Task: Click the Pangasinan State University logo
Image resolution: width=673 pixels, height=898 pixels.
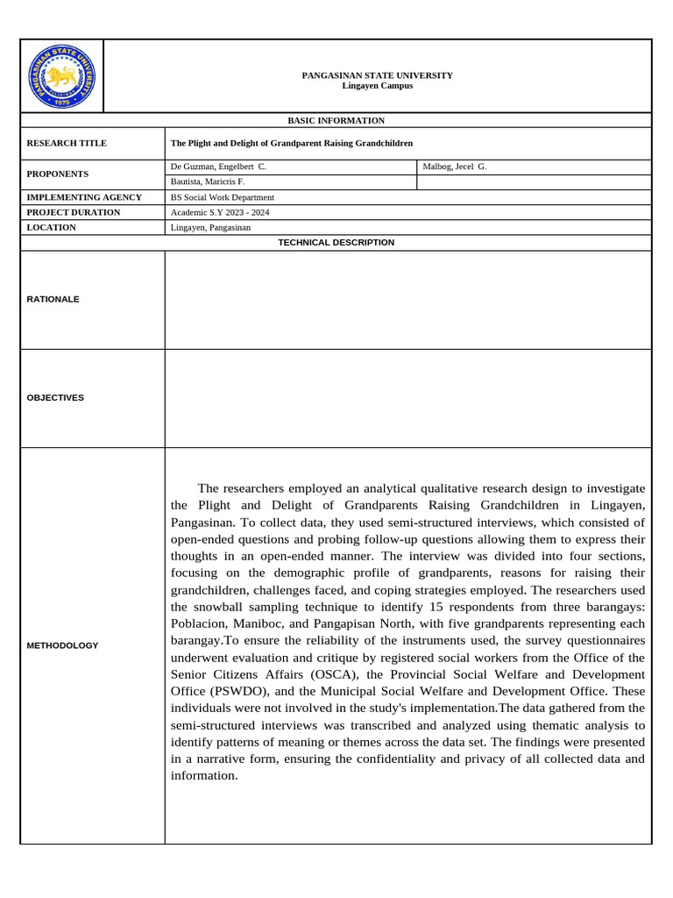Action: pyautogui.click(x=61, y=77)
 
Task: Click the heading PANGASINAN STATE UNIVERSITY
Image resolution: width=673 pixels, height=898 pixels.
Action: pyautogui.click(x=377, y=75)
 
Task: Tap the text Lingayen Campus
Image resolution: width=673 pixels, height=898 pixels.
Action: pyautogui.click(x=377, y=86)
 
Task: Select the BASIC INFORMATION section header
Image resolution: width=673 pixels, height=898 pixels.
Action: pyautogui.click(x=336, y=120)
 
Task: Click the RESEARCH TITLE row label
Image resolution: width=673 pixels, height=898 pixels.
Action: pyautogui.click(x=67, y=143)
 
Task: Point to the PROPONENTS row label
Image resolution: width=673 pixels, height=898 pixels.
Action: pyautogui.click(x=58, y=174)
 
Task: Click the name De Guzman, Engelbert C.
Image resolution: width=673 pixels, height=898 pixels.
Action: pyautogui.click(x=218, y=166)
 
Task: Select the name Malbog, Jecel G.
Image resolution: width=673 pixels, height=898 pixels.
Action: pyautogui.click(x=454, y=166)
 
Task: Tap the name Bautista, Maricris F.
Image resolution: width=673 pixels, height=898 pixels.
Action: pyautogui.click(x=207, y=182)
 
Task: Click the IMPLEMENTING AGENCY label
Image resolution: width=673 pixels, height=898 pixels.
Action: pyautogui.click(x=84, y=197)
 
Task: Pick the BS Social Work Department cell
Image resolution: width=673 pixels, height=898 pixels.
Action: pyautogui.click(x=222, y=197)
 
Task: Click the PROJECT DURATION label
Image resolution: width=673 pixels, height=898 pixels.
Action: pyautogui.click(x=74, y=212)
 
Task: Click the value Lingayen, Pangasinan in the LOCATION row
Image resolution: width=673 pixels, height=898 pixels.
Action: pyautogui.click(x=210, y=227)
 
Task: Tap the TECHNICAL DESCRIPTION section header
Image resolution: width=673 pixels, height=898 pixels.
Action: pyautogui.click(x=336, y=242)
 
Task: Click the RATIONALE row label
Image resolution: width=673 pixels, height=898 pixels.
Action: pyautogui.click(x=53, y=299)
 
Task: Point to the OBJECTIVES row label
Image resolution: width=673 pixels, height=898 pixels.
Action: pyautogui.click(x=55, y=397)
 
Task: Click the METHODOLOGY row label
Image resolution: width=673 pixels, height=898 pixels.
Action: pyautogui.click(x=62, y=645)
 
